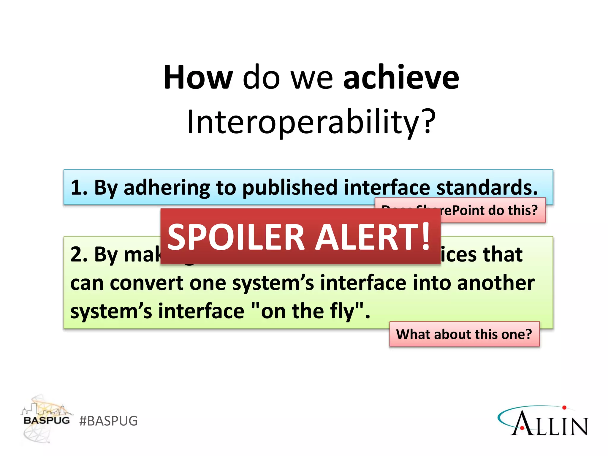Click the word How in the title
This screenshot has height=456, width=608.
tap(198, 77)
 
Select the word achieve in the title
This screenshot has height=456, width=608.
tap(401, 77)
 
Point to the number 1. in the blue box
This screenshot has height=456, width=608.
tap(79, 188)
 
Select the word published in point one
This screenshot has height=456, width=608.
tap(290, 188)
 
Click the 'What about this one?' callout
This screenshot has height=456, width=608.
tap(464, 334)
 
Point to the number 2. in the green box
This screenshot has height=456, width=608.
tap(79, 255)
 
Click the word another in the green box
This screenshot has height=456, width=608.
tap(495, 283)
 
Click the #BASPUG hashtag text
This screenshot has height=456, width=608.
tap(108, 421)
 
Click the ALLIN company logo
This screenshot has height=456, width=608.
tap(543, 422)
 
